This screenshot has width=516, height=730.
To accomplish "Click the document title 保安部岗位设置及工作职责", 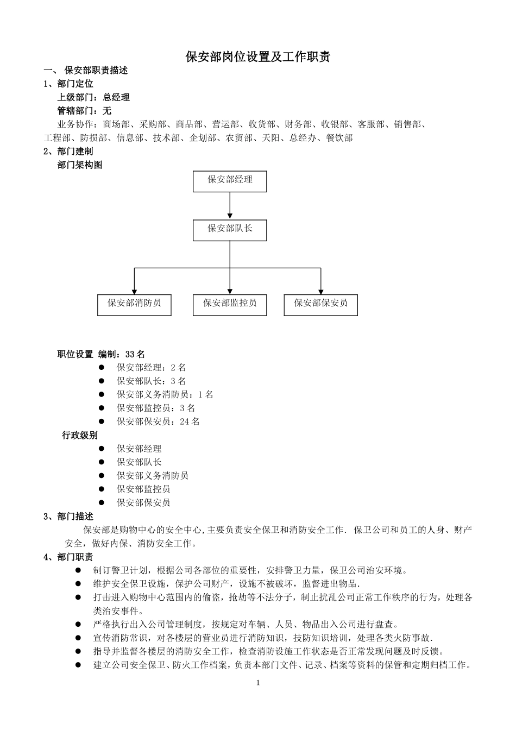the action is click(x=257, y=57).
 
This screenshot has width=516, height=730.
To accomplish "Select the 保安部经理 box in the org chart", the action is click(x=230, y=181).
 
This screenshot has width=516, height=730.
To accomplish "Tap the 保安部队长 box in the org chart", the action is click(x=230, y=230).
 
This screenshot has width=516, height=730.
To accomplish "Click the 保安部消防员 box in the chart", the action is click(x=134, y=304).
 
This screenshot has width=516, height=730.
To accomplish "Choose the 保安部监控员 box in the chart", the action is click(x=230, y=304).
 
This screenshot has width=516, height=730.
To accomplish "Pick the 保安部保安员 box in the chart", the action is click(x=320, y=304).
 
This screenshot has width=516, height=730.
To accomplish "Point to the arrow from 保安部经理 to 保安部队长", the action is click(x=230, y=205).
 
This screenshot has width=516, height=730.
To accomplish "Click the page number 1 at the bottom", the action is click(x=258, y=683).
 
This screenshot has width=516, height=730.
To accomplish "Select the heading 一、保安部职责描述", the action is click(x=86, y=71).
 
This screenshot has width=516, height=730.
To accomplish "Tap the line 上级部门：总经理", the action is click(x=93, y=98).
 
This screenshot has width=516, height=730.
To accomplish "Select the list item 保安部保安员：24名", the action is click(x=158, y=421).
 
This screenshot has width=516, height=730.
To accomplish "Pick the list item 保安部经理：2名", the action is click(x=151, y=368).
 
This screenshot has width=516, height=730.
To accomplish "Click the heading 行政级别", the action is click(x=80, y=435).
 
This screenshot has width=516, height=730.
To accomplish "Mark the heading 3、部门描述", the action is click(x=68, y=516).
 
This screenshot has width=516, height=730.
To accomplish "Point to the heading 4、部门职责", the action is click(x=68, y=557).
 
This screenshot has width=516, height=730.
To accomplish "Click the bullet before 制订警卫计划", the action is click(x=78, y=570).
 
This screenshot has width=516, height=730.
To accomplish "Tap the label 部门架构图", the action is click(x=80, y=165).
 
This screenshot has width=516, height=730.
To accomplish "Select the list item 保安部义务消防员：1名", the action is click(x=165, y=395).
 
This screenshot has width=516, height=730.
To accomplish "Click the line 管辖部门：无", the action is click(x=84, y=111).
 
